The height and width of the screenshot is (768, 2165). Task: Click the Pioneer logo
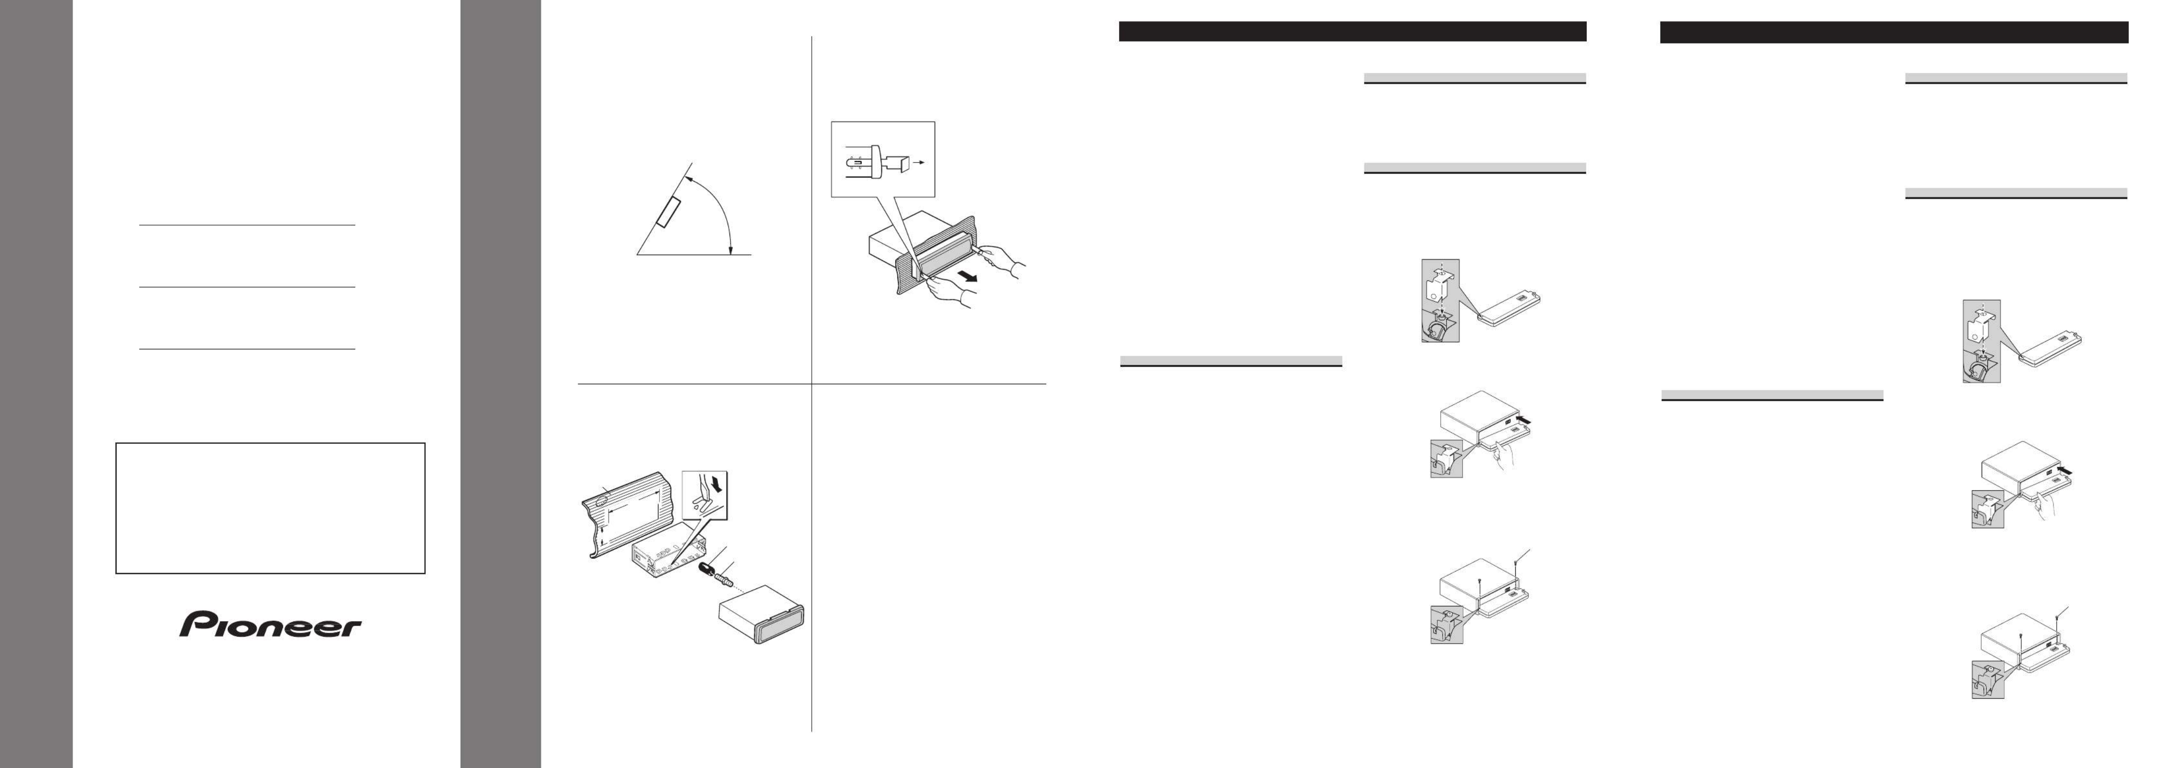[270, 624]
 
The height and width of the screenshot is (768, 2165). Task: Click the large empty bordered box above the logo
[270, 508]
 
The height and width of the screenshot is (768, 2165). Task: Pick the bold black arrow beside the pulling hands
[970, 275]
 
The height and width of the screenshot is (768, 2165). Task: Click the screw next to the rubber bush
[724, 580]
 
